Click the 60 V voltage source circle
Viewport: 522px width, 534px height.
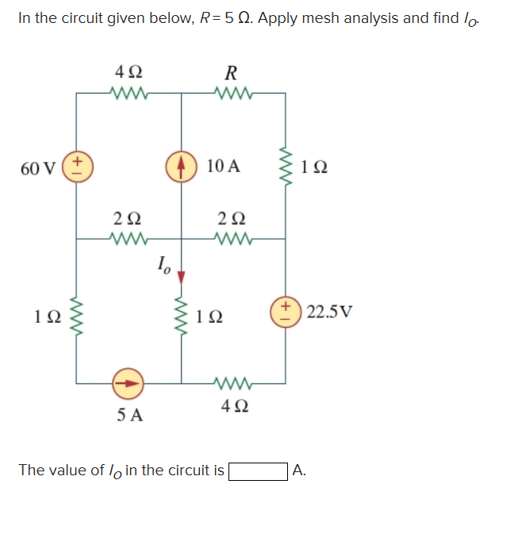pos(77,168)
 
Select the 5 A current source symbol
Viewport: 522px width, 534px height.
pos(129,382)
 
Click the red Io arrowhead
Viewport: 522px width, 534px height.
pos(181,277)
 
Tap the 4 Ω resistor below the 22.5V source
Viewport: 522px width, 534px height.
pos(232,383)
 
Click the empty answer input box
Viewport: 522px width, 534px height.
pos(258,471)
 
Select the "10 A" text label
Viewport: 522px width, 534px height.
pos(223,167)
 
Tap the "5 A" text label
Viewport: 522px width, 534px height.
pos(129,414)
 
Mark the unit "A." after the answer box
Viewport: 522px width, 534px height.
pos(299,471)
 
